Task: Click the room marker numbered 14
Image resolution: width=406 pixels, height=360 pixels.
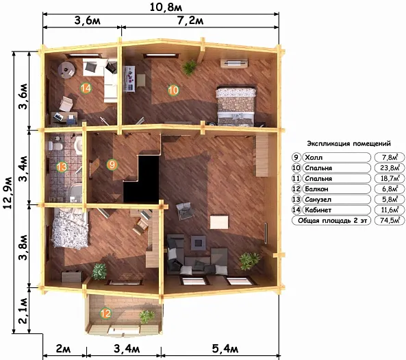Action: click(86, 88)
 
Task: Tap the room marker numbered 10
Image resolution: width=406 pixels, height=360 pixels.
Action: click(173, 90)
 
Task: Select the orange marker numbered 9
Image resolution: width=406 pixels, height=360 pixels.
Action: click(112, 165)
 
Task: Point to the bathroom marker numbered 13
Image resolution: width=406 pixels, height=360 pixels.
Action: click(62, 167)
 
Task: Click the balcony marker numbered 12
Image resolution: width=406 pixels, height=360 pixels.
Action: click(105, 313)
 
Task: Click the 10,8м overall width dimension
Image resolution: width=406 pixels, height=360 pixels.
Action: click(166, 7)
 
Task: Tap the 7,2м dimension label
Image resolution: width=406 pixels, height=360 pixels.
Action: click(190, 21)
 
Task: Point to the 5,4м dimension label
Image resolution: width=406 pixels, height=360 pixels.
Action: click(225, 349)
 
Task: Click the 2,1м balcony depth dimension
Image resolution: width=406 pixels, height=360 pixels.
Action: click(23, 311)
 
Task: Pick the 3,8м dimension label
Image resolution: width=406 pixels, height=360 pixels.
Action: click(23, 247)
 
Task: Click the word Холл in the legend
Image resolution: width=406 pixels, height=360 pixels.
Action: click(314, 158)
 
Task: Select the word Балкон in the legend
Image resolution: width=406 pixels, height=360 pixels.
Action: click(316, 189)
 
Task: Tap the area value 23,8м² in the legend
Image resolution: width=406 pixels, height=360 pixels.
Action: click(390, 167)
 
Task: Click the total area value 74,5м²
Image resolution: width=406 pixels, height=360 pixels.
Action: click(390, 220)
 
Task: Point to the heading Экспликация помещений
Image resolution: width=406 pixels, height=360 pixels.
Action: click(348, 143)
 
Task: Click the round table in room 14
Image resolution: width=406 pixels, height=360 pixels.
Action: click(67, 69)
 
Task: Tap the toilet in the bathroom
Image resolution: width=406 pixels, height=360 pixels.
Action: click(55, 147)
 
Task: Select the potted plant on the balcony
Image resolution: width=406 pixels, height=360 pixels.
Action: click(147, 316)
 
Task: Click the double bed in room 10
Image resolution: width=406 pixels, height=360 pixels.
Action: click(236, 106)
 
